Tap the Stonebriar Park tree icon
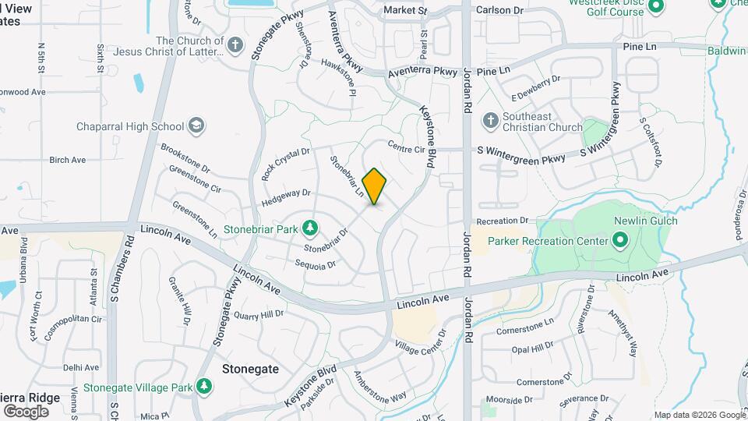(311, 228)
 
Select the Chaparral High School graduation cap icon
(196, 126)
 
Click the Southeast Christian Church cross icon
(490, 120)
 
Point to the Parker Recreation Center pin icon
(620, 240)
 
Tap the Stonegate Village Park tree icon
(203, 386)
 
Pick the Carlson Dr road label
(499, 11)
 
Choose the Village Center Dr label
(421, 338)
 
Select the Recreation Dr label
(503, 221)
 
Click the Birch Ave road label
(67, 160)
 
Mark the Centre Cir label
(405, 147)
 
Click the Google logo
(26, 411)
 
